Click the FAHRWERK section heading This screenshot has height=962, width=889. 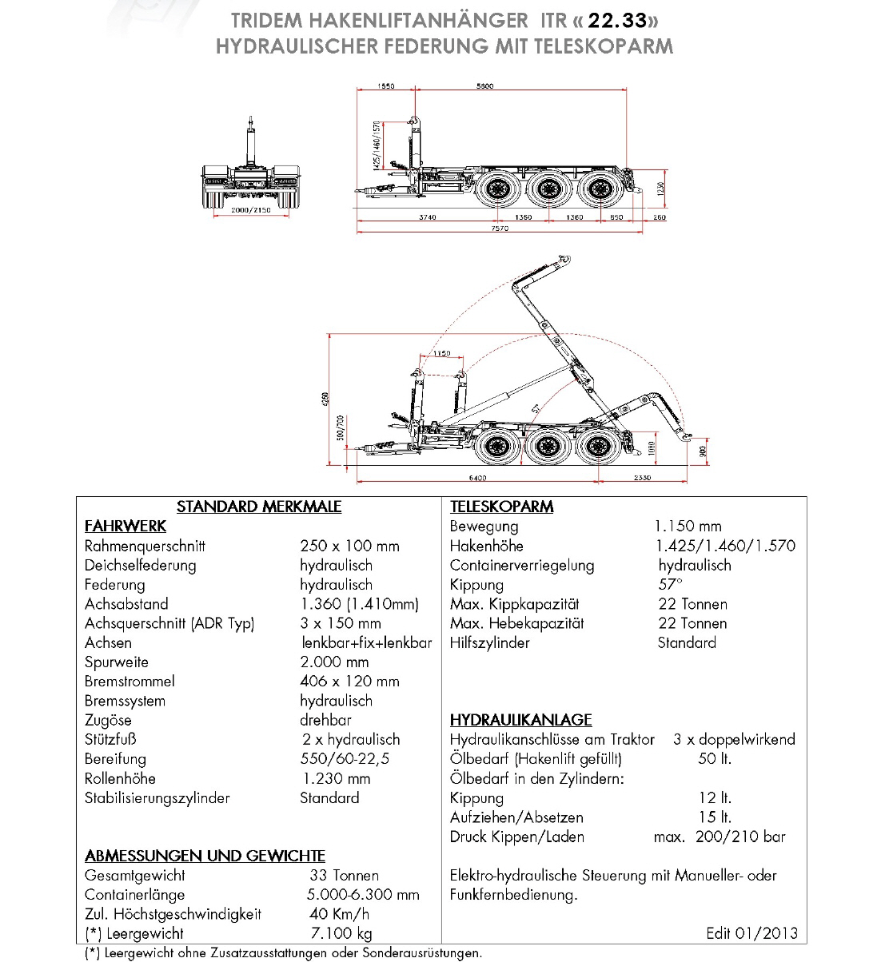point(126,526)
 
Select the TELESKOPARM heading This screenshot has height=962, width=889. point(501,507)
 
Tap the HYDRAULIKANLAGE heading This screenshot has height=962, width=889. point(520,720)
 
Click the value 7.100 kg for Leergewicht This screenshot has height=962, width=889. point(341,933)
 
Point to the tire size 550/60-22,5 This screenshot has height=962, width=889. point(345,759)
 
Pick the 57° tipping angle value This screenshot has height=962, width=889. point(670,585)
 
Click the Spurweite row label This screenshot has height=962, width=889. point(117,662)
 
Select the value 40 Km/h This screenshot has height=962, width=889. point(339,914)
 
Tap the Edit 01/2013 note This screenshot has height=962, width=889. point(751,933)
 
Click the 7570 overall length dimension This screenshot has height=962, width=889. point(500,229)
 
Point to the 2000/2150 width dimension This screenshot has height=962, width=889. point(251,210)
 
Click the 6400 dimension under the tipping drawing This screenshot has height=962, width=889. point(477,478)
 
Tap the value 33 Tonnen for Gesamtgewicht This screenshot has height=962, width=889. point(344,876)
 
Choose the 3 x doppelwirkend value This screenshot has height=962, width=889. point(734,740)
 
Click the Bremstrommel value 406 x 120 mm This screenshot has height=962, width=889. point(349,682)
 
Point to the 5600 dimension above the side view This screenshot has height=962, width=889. point(484,86)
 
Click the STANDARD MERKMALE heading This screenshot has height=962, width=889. point(259,507)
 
